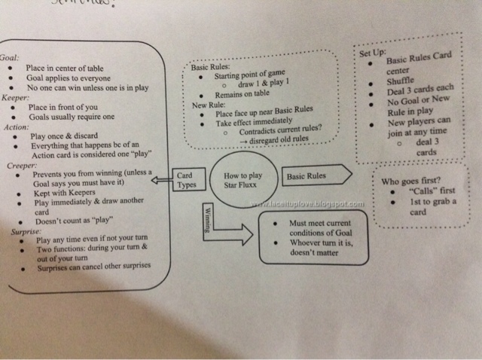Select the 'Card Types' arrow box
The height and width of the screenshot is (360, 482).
(185, 180)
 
